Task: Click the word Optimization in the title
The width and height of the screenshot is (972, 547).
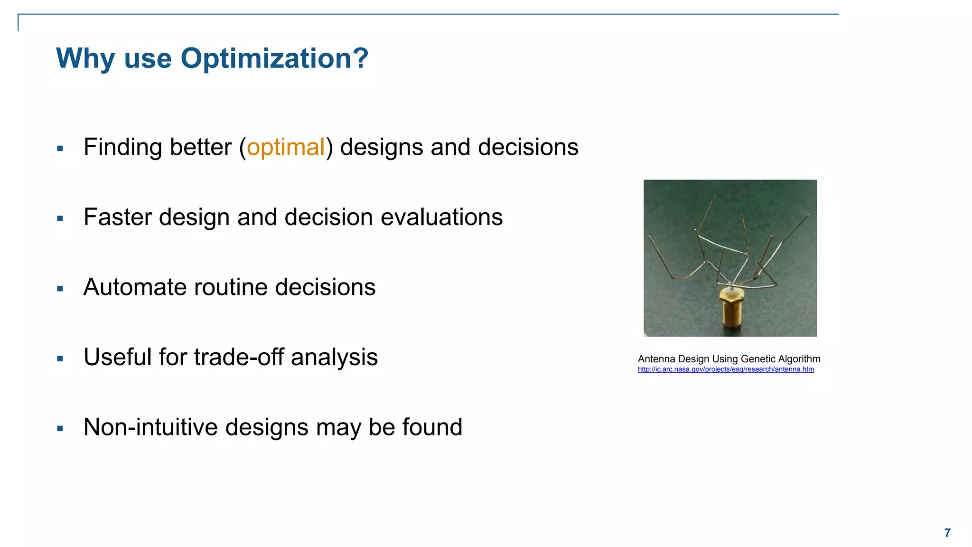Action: coord(274,59)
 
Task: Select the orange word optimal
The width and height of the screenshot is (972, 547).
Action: coord(286,147)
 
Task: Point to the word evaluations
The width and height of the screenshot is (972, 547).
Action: coord(441,217)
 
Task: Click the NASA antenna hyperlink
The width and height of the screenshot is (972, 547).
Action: coord(726,369)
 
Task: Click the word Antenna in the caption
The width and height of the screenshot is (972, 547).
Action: coord(656,359)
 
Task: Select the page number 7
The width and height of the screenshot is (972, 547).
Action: coord(947,533)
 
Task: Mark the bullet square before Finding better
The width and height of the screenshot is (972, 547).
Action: coord(60,149)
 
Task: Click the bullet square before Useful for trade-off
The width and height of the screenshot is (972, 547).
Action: coord(60,358)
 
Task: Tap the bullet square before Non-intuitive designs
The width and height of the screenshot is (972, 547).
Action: coord(60,428)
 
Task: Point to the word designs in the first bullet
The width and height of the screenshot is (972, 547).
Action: coord(382,147)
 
